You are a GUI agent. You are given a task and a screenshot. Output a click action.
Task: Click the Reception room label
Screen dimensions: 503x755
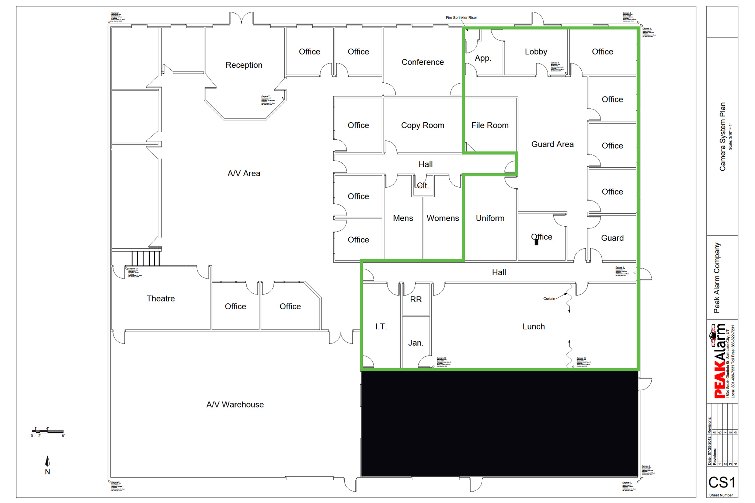click(244, 65)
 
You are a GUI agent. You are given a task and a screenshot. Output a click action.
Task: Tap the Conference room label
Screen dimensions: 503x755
click(422, 62)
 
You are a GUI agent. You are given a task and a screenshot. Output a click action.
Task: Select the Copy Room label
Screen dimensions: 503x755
click(422, 126)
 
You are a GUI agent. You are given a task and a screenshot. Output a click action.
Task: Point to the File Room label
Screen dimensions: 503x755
click(490, 126)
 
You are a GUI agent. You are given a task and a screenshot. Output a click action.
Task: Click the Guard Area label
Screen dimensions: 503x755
click(552, 144)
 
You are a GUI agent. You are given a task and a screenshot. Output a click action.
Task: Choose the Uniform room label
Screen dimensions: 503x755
click(490, 218)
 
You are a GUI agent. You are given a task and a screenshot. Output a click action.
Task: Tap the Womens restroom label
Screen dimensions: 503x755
click(442, 218)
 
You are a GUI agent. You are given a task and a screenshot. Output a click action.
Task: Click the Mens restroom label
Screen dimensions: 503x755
click(403, 218)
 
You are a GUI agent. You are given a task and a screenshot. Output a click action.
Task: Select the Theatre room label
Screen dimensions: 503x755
click(160, 298)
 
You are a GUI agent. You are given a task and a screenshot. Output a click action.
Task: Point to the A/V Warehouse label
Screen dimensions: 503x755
click(235, 405)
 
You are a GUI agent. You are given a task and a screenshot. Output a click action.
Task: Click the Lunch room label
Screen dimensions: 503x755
click(533, 326)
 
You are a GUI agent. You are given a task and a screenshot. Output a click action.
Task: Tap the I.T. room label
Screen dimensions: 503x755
click(381, 326)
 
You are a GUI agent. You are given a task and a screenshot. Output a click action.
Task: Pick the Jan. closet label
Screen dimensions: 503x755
click(415, 343)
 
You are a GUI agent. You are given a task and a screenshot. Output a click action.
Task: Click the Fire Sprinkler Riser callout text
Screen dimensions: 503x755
click(461, 18)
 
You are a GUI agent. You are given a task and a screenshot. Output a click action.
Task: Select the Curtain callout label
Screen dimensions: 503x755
click(549, 298)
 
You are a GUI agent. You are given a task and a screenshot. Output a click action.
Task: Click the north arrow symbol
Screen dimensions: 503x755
click(48, 462)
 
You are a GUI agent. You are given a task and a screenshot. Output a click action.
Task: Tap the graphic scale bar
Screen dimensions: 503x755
click(48, 432)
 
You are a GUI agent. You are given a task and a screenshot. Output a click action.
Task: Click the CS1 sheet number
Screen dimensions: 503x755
click(721, 482)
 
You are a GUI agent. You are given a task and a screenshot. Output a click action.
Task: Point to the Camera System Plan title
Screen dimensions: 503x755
click(723, 137)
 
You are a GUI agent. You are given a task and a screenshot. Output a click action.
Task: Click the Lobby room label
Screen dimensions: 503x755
click(536, 52)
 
